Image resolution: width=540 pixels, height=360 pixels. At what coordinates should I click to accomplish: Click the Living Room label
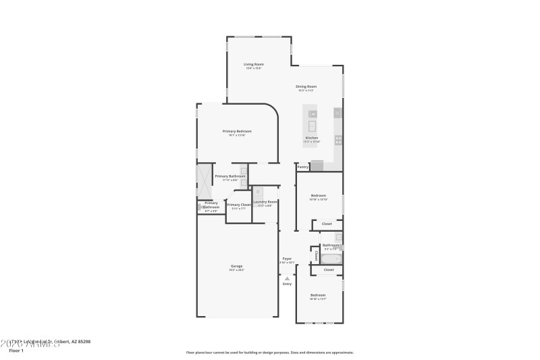254,64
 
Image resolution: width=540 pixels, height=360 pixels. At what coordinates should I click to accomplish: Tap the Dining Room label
306,86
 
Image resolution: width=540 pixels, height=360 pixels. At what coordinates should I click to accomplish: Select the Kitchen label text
311,138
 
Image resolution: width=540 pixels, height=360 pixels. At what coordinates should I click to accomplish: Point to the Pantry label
303,166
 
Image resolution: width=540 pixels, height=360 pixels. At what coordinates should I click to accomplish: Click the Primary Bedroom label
237,131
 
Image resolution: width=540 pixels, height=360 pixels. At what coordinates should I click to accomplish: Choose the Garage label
236,266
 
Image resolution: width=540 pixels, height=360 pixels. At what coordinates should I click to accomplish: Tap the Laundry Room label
265,202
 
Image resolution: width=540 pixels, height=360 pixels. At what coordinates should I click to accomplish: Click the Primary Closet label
239,205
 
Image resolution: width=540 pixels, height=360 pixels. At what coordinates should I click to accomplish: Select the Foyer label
287,258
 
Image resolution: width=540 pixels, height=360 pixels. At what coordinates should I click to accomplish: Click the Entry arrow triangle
287,278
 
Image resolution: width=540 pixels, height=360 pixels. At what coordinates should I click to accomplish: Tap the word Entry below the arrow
287,284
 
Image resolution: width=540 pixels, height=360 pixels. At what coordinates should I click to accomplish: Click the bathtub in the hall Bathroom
331,259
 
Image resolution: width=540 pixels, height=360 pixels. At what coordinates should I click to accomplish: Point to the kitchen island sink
313,125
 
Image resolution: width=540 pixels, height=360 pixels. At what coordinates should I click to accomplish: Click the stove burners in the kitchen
338,140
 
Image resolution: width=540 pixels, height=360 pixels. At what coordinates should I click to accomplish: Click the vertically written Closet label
316,256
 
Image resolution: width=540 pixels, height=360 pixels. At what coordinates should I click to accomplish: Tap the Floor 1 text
16,351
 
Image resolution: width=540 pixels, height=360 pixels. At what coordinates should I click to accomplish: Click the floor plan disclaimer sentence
269,352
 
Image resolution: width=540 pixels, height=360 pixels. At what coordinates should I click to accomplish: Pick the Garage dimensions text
236,270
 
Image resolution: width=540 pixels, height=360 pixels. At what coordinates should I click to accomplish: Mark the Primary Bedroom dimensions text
237,135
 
